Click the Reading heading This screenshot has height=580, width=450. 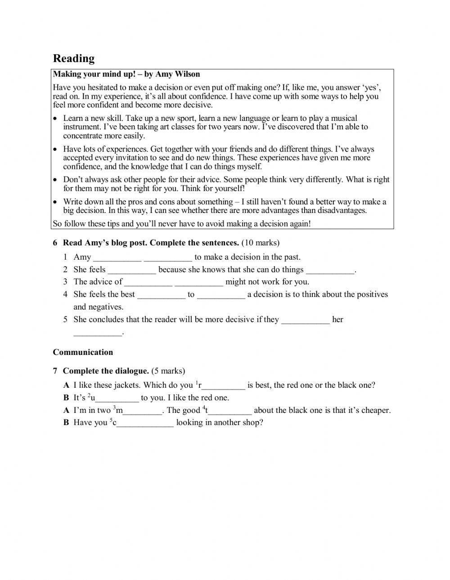coord(74,58)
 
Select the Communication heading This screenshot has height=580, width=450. coord(83,352)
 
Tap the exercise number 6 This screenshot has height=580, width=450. coord(55,243)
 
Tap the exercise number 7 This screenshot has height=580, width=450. coord(55,371)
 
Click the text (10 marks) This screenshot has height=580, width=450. coord(260,243)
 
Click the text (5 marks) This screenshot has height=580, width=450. coord(168,371)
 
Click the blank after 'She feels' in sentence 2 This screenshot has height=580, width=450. coord(132,270)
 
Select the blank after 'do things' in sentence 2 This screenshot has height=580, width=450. coord(330,270)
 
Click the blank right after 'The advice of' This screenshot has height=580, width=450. coord(148,283)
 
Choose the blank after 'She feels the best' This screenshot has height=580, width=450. coord(161,295)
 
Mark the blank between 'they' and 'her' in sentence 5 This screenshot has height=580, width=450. coord(305,320)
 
